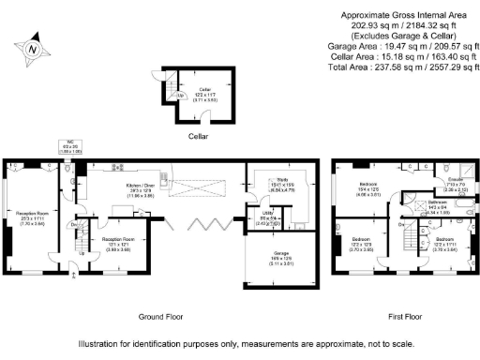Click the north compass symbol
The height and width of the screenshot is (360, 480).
pos(34,49)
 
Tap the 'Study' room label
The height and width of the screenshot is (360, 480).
pos(281,179)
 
